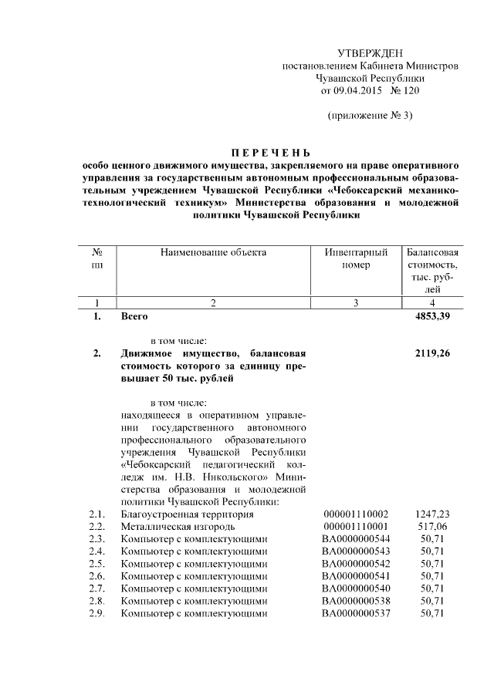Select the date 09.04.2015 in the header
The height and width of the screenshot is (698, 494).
click(x=358, y=91)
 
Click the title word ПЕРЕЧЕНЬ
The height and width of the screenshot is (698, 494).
click(x=271, y=152)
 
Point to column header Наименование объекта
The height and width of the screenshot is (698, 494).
click(x=213, y=252)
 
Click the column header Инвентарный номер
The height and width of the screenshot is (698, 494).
click(x=355, y=258)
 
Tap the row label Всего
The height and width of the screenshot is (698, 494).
click(x=134, y=316)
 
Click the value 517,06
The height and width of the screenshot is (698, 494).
click(x=432, y=527)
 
